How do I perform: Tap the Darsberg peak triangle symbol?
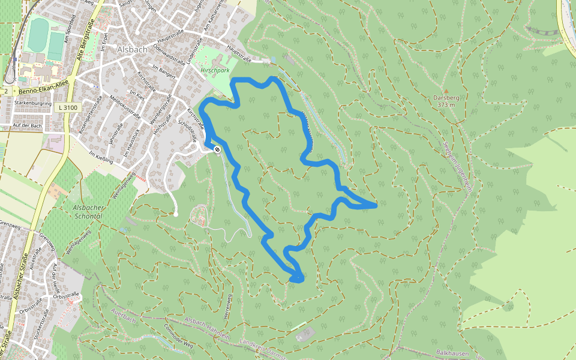click(446, 91)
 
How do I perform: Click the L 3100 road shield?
click(69, 107)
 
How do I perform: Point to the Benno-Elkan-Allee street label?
click(45, 90)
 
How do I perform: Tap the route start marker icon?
click(217, 149)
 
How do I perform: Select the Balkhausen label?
click(452, 353)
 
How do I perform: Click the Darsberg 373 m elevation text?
click(446, 105)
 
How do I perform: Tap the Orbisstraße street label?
click(67, 295)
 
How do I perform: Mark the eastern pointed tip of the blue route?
click(376, 206)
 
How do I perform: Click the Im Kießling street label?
click(101, 155)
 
